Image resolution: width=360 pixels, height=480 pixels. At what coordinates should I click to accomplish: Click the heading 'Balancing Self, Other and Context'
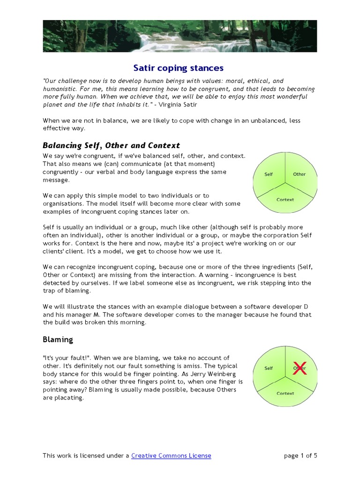click(x=111, y=145)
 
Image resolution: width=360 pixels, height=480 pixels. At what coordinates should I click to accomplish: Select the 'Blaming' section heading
click(x=58, y=339)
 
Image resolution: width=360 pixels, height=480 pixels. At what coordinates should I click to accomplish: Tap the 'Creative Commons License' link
click(x=171, y=455)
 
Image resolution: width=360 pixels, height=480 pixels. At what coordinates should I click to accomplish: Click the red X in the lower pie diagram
click(x=300, y=369)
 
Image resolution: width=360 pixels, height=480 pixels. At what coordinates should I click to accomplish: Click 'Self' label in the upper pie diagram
click(x=269, y=174)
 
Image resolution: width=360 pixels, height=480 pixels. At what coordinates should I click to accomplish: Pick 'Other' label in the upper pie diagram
click(x=299, y=174)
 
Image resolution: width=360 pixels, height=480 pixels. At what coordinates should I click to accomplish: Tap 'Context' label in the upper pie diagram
click(x=285, y=200)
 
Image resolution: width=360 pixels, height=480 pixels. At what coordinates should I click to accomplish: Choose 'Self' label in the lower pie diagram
click(x=269, y=368)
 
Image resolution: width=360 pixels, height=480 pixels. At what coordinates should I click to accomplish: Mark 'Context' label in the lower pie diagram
click(x=285, y=394)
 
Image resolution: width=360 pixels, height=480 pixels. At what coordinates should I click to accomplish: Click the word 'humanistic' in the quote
click(x=59, y=89)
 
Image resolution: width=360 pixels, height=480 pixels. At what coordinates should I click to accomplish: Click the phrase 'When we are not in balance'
click(x=82, y=120)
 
